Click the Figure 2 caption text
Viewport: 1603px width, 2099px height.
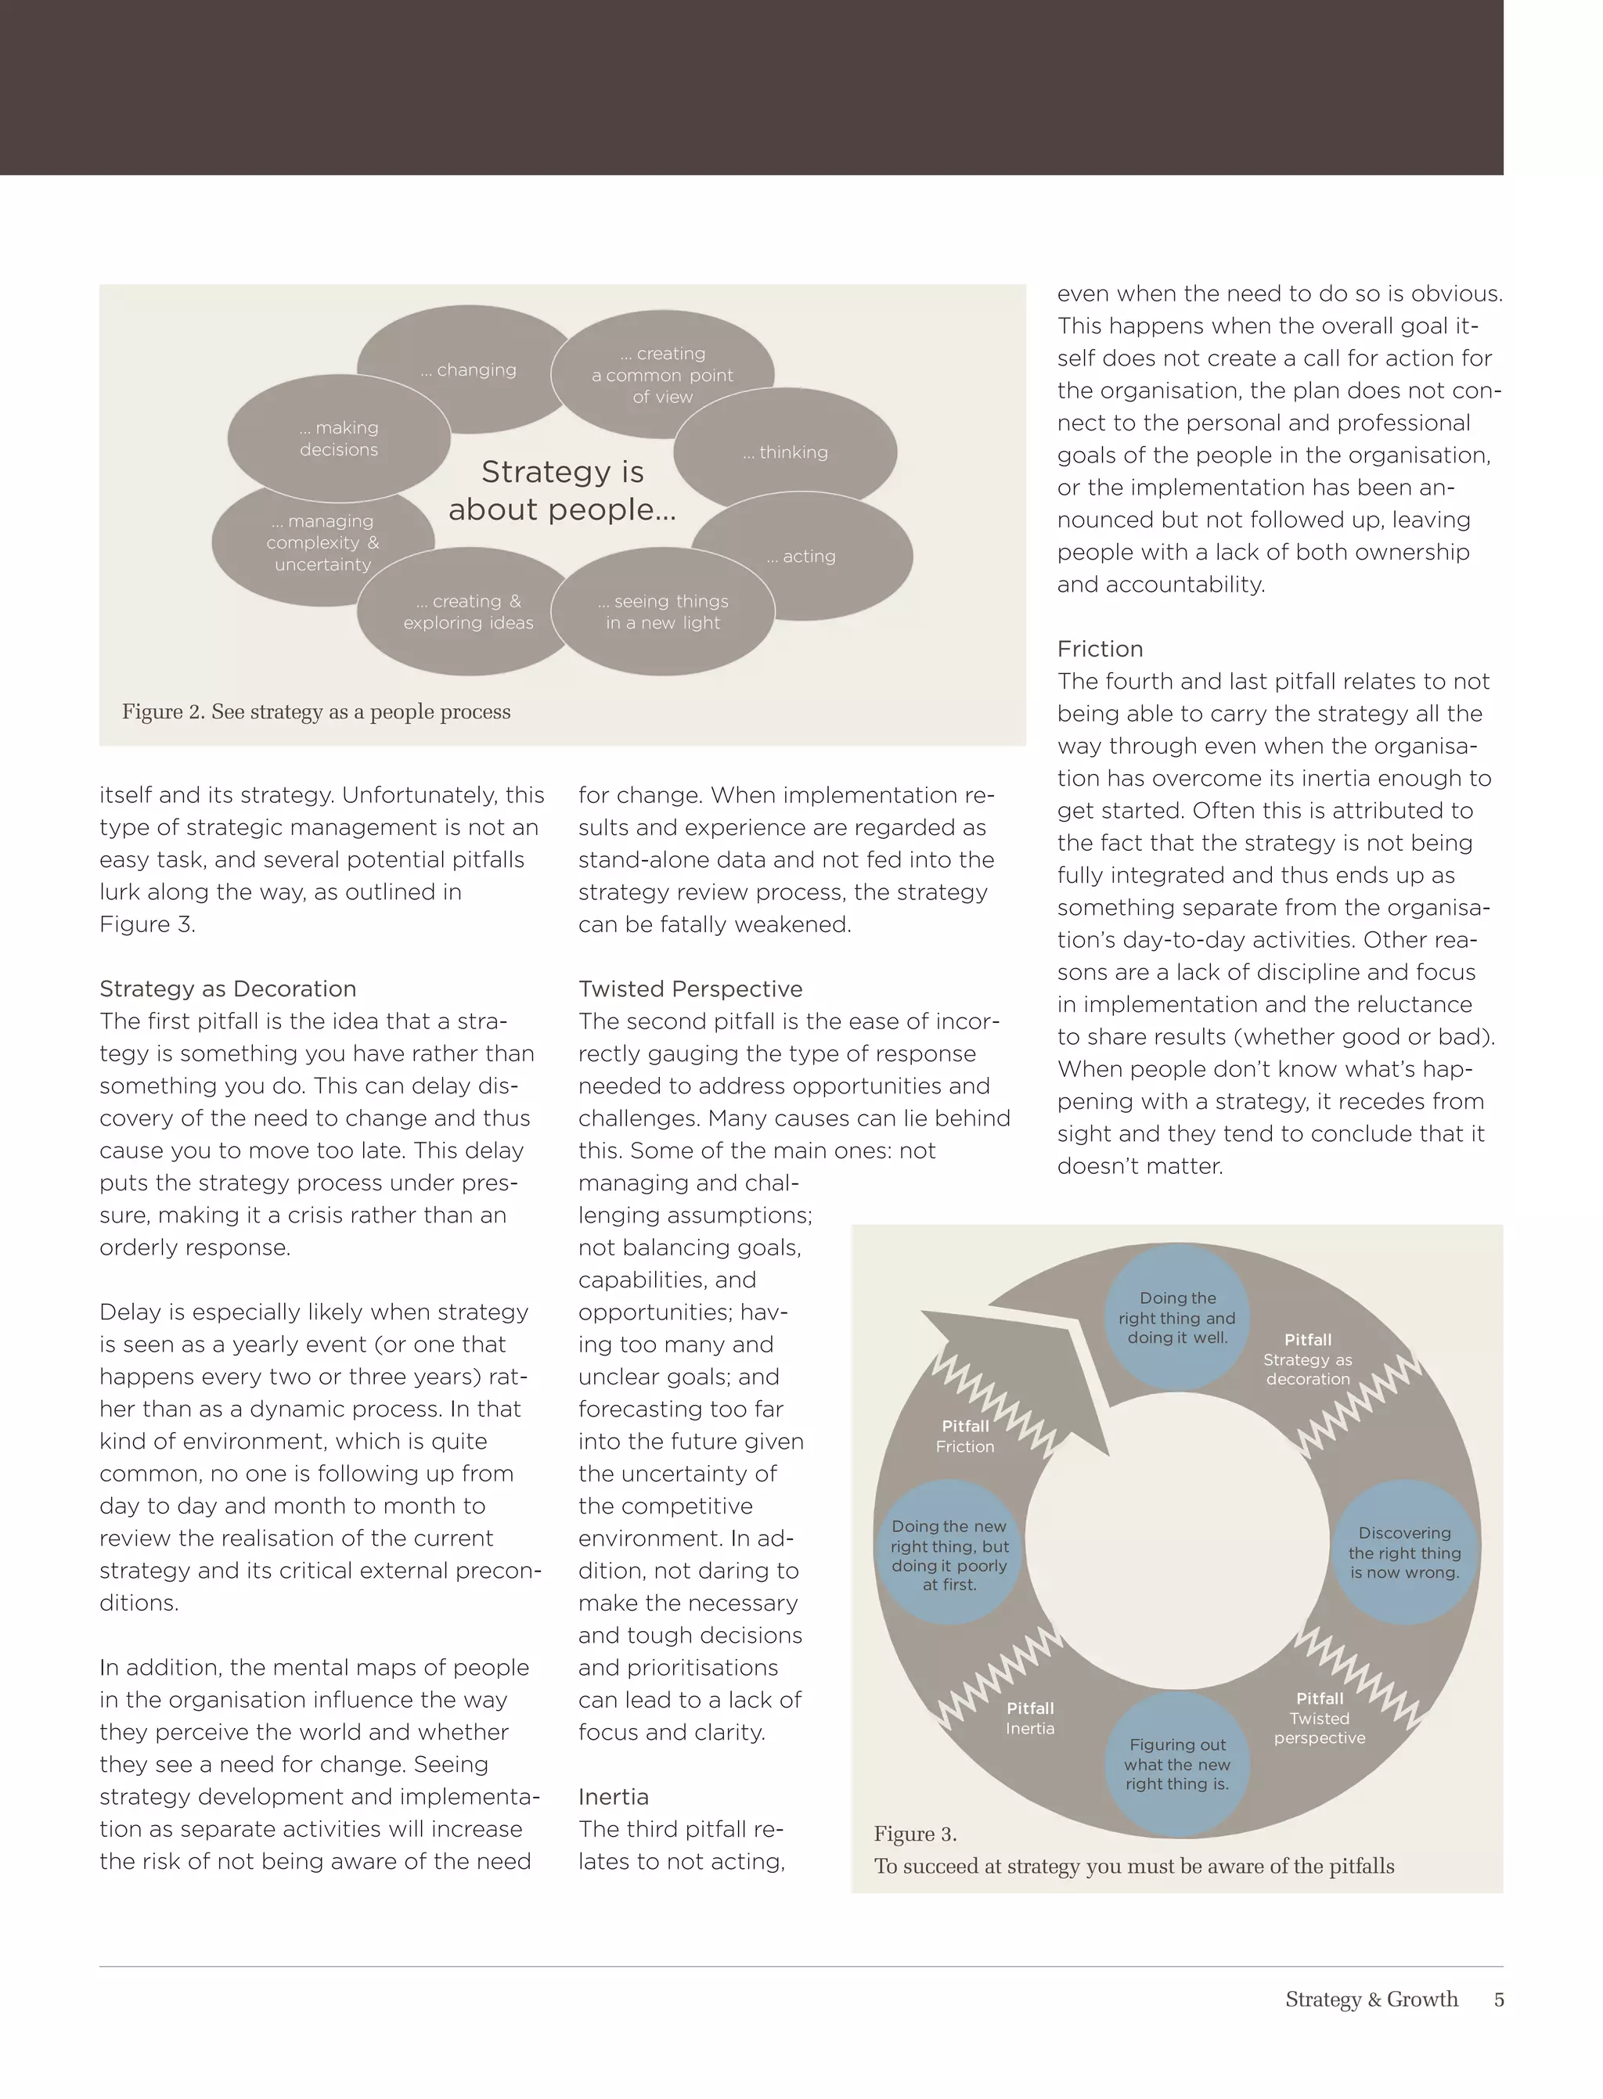(316, 711)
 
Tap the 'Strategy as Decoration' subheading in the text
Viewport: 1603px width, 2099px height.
(227, 988)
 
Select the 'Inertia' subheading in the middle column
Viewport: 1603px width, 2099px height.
(613, 1797)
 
